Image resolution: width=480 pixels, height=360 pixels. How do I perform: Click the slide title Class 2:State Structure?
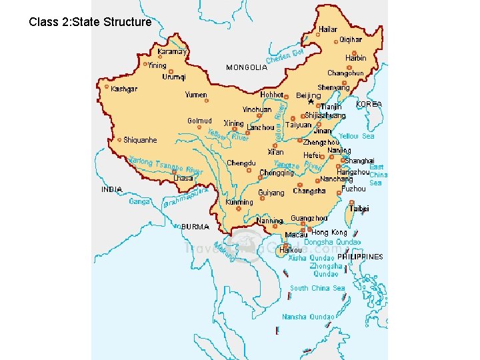(x=90, y=22)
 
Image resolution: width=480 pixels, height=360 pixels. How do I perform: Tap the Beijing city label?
(x=308, y=95)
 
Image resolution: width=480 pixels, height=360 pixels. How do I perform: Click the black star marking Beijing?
(x=311, y=103)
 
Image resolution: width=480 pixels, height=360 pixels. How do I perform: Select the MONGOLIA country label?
(x=247, y=67)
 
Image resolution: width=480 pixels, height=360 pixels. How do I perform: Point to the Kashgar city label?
(x=125, y=89)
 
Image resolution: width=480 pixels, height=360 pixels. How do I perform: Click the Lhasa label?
(x=183, y=179)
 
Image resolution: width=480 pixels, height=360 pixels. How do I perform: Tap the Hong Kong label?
(x=329, y=233)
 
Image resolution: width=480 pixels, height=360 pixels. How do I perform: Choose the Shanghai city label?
(x=359, y=161)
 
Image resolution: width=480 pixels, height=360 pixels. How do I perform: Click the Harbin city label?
(x=355, y=58)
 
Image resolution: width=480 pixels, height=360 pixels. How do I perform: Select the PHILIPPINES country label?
(x=360, y=257)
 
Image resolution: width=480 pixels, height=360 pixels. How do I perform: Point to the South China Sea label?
(x=317, y=288)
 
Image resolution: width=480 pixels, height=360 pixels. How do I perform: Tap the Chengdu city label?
(x=241, y=163)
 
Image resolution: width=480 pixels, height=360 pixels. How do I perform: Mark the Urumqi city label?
(x=174, y=77)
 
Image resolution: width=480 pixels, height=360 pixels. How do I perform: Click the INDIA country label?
(x=111, y=189)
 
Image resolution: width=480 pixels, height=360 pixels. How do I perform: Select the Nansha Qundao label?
(x=308, y=317)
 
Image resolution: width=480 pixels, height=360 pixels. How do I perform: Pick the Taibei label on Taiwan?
(x=359, y=209)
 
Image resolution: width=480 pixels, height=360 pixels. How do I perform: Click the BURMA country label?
(x=195, y=227)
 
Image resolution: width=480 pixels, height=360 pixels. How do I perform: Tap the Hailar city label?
(x=327, y=29)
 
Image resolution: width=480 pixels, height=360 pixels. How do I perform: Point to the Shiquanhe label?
(x=140, y=140)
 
